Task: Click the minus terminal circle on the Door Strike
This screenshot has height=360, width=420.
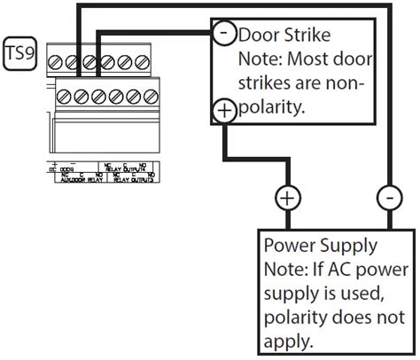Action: point(223,33)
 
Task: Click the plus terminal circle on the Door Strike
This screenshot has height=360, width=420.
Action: point(223,110)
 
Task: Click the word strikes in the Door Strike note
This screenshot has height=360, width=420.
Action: point(266,84)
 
